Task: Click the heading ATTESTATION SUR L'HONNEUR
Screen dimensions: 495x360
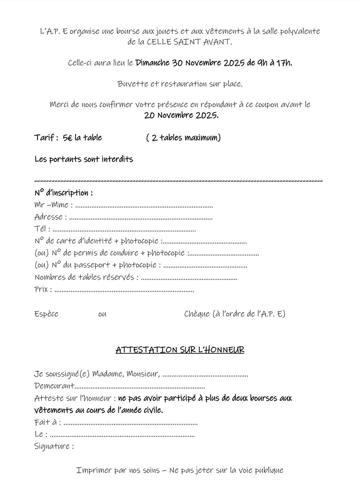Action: coord(180,350)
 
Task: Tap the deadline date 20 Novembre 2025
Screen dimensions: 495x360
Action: coord(181,115)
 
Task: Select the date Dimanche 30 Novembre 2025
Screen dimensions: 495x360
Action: coord(190,63)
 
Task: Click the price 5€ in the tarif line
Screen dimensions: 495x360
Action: coord(68,138)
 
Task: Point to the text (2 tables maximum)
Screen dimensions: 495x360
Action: coord(183,138)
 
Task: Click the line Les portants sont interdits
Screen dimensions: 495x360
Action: coord(84,159)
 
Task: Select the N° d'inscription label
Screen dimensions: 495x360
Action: coord(64,193)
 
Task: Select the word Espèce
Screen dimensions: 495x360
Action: coord(46,314)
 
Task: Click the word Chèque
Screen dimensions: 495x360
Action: coord(197,314)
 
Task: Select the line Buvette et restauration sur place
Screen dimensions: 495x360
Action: coord(180,84)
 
